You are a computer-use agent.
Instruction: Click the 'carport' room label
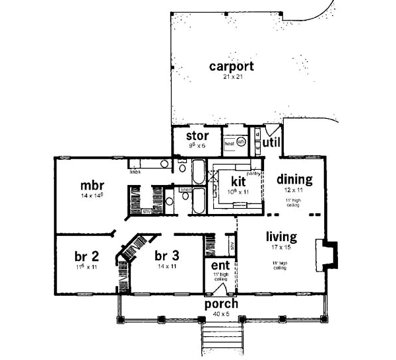[231, 66]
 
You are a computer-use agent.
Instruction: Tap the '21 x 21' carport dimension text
[231, 78]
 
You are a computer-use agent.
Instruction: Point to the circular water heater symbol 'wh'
[241, 141]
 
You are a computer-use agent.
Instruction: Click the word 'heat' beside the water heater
[229, 143]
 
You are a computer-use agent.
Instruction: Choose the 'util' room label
[271, 142]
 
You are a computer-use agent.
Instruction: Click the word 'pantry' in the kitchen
[253, 173]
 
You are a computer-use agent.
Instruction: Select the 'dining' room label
[294, 179]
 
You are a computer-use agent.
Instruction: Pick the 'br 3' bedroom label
[167, 256]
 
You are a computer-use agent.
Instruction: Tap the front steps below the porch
[220, 341]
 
